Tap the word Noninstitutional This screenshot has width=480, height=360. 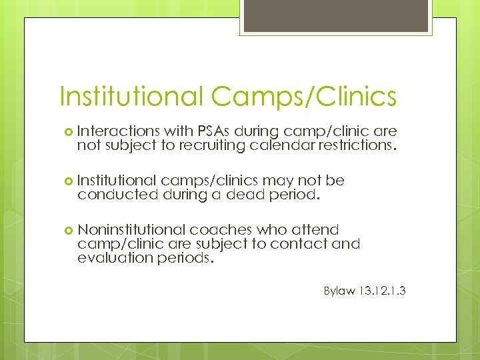[x=131, y=230]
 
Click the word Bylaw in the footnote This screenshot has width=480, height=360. [x=341, y=291]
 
